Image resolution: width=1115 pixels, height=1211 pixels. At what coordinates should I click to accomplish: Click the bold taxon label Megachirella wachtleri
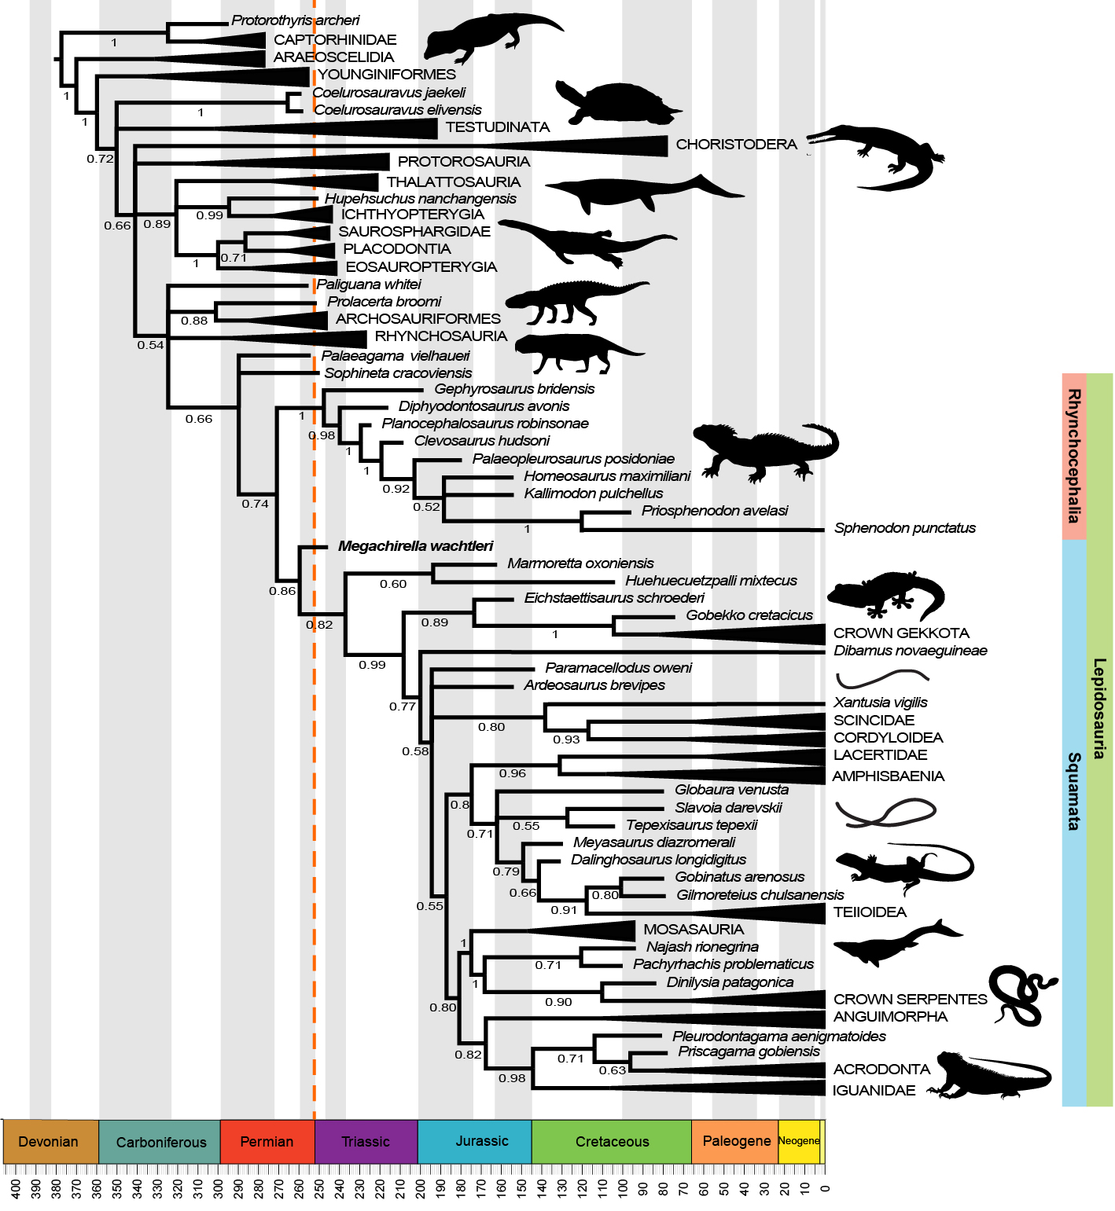tap(415, 546)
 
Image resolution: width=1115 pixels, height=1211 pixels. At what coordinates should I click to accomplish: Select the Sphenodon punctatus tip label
tap(904, 528)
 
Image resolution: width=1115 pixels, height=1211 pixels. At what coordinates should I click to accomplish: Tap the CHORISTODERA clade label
tap(736, 145)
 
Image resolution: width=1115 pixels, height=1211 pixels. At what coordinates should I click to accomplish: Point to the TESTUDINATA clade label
tap(497, 127)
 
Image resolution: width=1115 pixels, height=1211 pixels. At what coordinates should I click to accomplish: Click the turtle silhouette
tap(613, 104)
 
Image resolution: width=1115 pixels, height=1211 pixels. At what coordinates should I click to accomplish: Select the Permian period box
tap(267, 1141)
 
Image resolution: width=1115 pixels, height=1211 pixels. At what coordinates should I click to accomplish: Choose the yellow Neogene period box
tap(798, 1141)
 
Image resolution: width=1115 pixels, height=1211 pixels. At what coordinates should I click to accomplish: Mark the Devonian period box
tap(49, 1141)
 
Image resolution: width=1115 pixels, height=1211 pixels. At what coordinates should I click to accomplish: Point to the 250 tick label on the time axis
tap(319, 1187)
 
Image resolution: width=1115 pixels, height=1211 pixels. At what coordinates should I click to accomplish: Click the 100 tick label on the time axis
tap(623, 1187)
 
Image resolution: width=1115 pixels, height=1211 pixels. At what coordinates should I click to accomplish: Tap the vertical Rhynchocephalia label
tap(1073, 457)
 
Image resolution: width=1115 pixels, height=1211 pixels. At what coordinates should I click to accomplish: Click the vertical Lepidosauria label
tap(1099, 708)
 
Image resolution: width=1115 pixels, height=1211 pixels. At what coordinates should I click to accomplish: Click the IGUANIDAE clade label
tap(874, 1090)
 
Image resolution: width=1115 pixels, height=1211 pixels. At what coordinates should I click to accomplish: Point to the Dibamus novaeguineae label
tap(910, 651)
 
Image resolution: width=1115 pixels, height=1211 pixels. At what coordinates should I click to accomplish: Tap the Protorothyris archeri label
tap(295, 20)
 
